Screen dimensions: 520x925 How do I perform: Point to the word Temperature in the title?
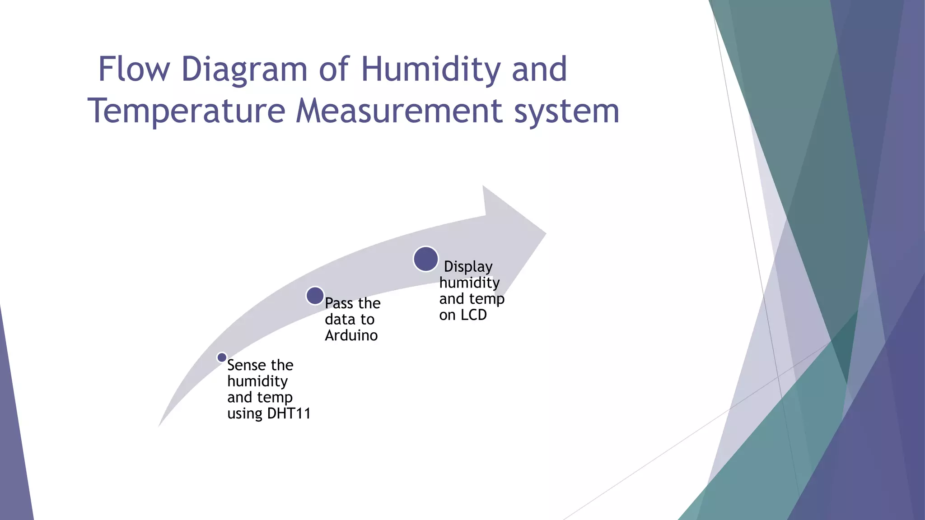[187, 111]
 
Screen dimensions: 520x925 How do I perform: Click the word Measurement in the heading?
[399, 111]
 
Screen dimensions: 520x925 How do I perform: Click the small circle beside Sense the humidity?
[222, 357]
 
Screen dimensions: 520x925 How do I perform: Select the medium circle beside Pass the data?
[315, 296]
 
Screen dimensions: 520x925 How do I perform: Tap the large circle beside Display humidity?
[425, 259]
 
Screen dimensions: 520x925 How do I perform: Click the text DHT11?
[289, 413]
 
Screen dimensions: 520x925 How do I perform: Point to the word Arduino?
[351, 335]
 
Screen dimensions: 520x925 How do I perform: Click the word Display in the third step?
[468, 267]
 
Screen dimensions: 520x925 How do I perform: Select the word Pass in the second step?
[339, 303]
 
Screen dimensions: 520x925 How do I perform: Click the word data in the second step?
[340, 320]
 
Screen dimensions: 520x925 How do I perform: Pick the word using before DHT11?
[245, 413]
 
